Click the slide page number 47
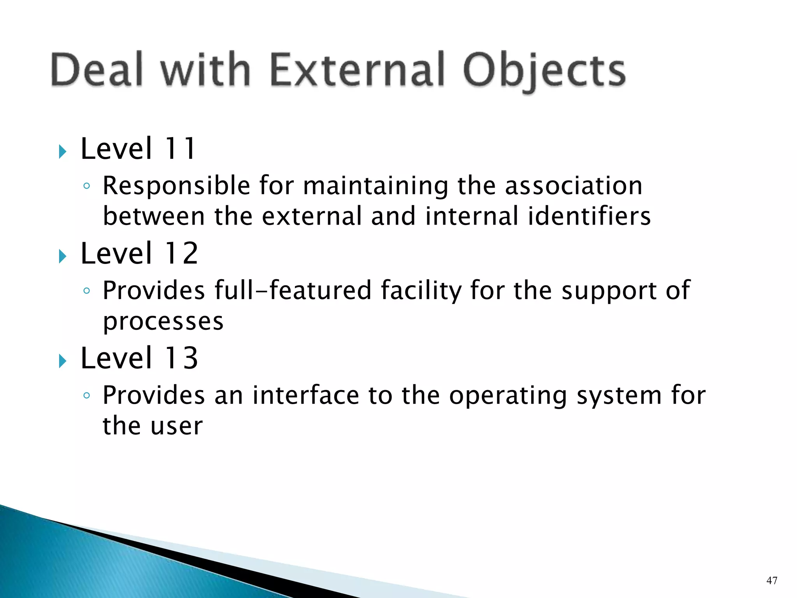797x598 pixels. [771, 580]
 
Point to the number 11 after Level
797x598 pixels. [180, 149]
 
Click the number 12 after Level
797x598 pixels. [181, 253]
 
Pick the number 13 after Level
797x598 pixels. [181, 358]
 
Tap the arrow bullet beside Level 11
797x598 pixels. [62, 151]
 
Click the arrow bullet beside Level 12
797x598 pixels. [62, 256]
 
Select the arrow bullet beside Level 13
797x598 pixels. [62, 361]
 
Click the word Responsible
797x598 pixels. [176, 186]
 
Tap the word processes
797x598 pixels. [163, 322]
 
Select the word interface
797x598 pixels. [305, 395]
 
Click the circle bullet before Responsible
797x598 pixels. [86, 186]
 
